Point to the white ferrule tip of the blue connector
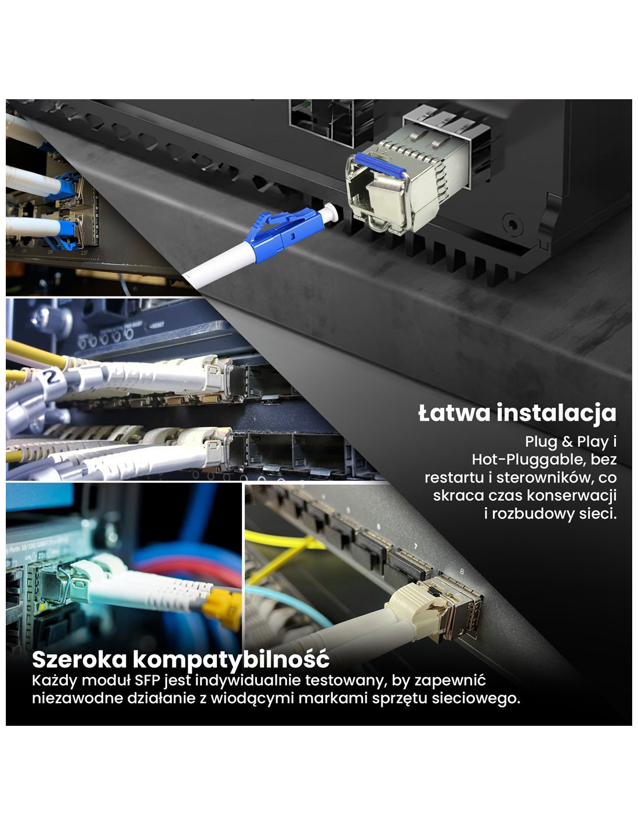331,212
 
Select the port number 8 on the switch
462,571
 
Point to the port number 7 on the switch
416,547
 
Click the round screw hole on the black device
511,223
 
